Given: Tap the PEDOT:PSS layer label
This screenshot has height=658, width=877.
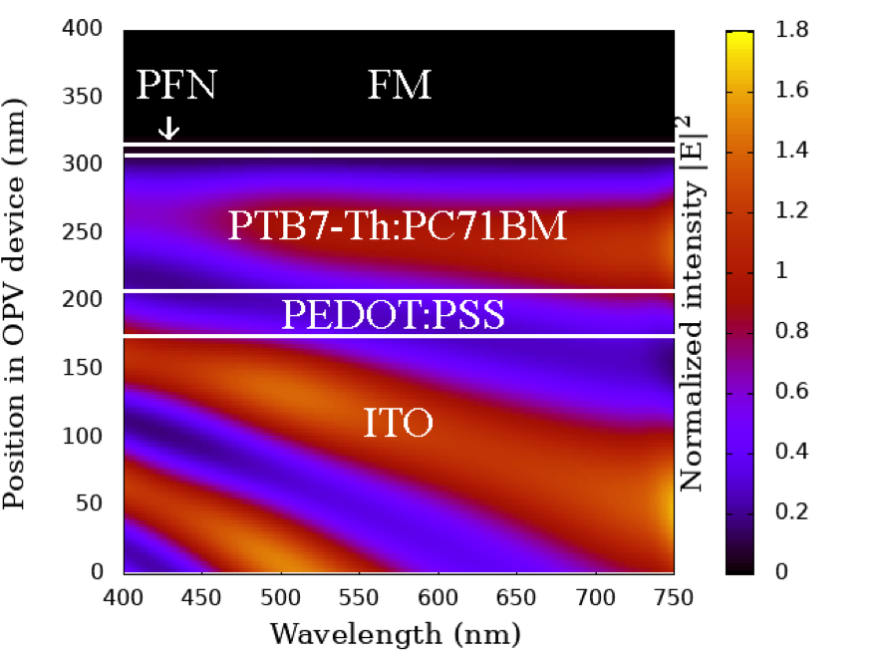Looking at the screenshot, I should pyautogui.click(x=393, y=315).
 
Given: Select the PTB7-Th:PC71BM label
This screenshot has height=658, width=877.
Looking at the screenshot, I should pyautogui.click(x=398, y=226).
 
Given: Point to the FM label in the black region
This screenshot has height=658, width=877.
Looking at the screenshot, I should pyautogui.click(x=399, y=86).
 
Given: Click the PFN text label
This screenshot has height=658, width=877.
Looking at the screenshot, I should pyautogui.click(x=176, y=86).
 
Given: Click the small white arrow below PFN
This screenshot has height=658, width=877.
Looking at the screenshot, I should pyautogui.click(x=168, y=128).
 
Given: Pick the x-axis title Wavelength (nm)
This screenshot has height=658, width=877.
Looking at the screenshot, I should pyautogui.click(x=396, y=633).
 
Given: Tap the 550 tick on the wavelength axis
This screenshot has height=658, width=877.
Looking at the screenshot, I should pyautogui.click(x=438, y=595).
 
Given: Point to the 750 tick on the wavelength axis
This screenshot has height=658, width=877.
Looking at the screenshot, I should pyautogui.click(x=674, y=595).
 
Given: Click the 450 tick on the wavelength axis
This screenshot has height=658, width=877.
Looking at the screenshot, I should pyautogui.click(x=202, y=595).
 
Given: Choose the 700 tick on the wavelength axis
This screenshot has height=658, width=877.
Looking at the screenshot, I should pyautogui.click(x=595, y=595).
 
